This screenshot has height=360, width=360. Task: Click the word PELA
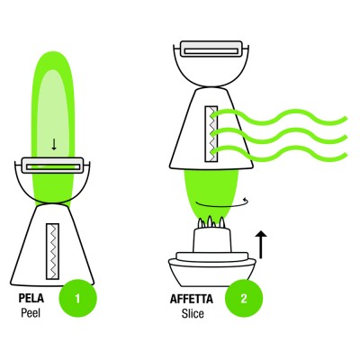point(31,299)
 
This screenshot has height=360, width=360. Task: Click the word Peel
point(31,313)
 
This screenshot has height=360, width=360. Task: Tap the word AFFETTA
point(192,299)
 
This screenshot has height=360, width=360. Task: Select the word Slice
point(193,313)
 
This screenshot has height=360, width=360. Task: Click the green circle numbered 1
point(78,299)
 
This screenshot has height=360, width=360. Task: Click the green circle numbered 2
point(244,299)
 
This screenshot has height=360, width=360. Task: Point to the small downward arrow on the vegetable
point(54,145)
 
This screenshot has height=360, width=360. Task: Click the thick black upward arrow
point(261,245)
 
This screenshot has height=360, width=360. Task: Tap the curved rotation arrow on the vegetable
point(222,204)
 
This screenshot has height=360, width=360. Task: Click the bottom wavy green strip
point(279,154)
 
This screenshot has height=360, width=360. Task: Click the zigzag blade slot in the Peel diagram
point(52,251)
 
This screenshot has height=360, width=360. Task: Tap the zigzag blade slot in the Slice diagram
point(211,134)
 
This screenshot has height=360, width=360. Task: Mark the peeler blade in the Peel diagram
point(52,166)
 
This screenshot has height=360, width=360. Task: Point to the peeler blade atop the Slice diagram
point(211,49)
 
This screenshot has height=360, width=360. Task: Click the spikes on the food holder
point(212,222)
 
